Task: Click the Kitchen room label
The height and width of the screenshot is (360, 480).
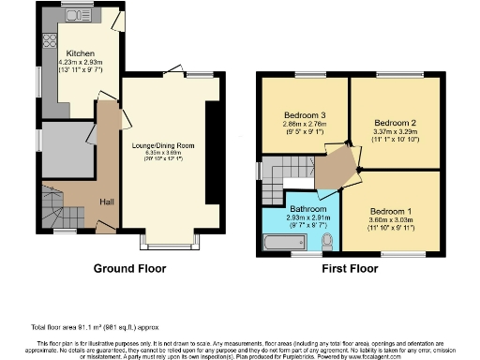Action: tap(79, 55)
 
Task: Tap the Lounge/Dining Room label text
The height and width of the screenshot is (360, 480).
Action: tap(170, 146)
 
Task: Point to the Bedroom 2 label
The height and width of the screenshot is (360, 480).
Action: tap(395, 123)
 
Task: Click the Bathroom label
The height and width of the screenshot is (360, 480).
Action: tap(307, 208)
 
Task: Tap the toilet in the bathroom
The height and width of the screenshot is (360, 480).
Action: tap(327, 241)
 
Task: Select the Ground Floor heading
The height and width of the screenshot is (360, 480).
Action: tap(129, 268)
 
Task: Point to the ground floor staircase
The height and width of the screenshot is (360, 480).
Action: tap(55, 203)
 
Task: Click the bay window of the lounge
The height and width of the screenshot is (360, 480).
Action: tap(170, 240)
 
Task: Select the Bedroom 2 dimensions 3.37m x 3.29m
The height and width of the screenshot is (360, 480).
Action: tap(395, 133)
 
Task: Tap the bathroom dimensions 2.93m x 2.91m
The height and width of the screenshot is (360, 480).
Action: tap(307, 218)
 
